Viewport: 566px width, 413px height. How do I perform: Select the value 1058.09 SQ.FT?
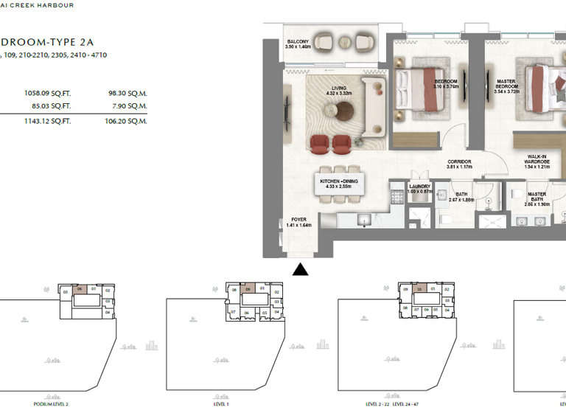(x=47, y=94)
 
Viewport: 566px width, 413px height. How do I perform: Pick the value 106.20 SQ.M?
(x=127, y=121)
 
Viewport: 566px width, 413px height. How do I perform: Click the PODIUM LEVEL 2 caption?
(x=51, y=404)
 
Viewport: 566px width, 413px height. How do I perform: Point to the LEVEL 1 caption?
(x=221, y=404)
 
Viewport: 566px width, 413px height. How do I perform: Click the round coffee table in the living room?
(x=346, y=111)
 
